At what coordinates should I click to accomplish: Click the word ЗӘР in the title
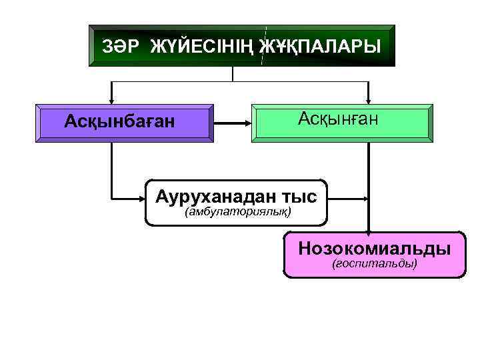coord(121,47)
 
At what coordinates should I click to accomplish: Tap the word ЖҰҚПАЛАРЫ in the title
coord(320,47)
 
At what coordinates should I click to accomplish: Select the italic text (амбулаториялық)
coord(238,212)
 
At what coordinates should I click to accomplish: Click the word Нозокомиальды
coord(374,249)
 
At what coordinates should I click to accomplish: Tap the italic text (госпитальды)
coord(375,264)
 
